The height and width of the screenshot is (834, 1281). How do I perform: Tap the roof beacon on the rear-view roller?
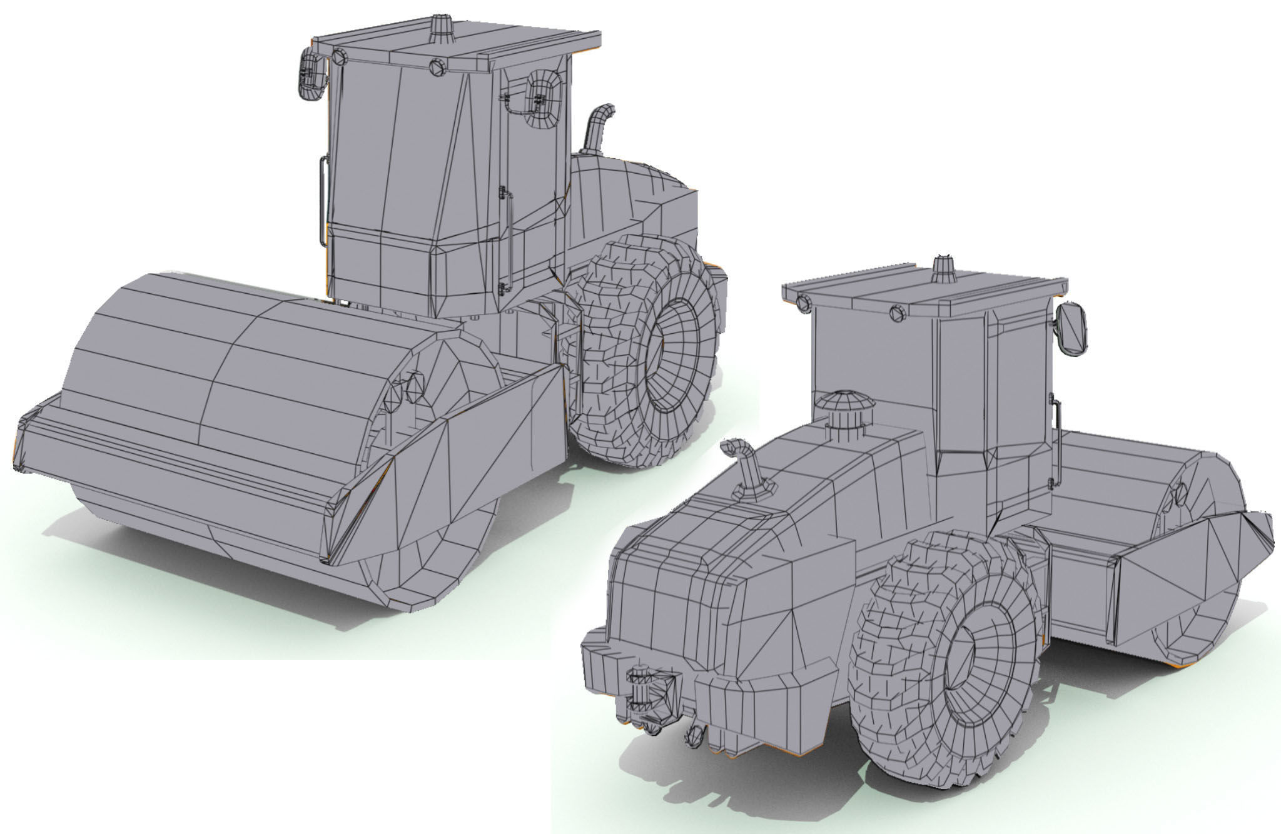click(x=944, y=269)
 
